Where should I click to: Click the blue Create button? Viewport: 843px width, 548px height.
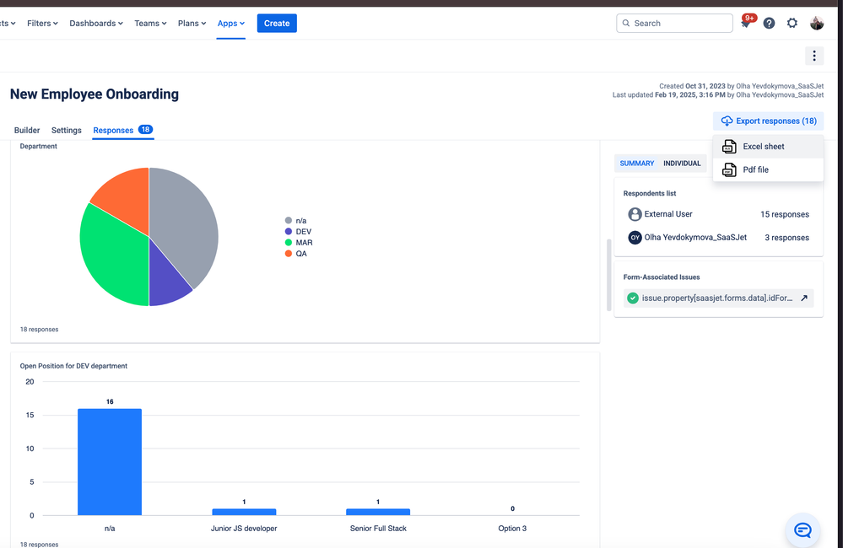click(x=277, y=24)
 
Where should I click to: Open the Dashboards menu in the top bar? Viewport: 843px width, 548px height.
click(x=95, y=24)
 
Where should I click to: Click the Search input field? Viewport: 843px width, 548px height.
click(x=674, y=24)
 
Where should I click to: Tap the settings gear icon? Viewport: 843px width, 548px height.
click(x=792, y=24)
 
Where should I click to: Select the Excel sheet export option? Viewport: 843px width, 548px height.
click(x=763, y=147)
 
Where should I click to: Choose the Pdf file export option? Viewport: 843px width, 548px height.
click(x=755, y=169)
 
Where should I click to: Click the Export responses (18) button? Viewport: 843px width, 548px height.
click(x=768, y=121)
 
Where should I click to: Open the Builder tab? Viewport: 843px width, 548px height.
click(x=27, y=131)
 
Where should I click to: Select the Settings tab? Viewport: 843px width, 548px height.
click(x=67, y=131)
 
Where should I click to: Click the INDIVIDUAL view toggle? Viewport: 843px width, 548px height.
click(x=682, y=164)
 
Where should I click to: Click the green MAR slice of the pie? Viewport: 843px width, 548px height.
click(x=110, y=253)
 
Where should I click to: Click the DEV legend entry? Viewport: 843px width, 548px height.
click(x=303, y=231)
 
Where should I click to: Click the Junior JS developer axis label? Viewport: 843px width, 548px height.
click(x=244, y=529)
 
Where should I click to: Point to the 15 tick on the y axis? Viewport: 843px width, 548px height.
click(x=30, y=415)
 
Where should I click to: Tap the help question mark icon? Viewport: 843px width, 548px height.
click(x=769, y=24)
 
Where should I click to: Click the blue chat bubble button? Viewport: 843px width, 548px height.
click(x=802, y=530)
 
